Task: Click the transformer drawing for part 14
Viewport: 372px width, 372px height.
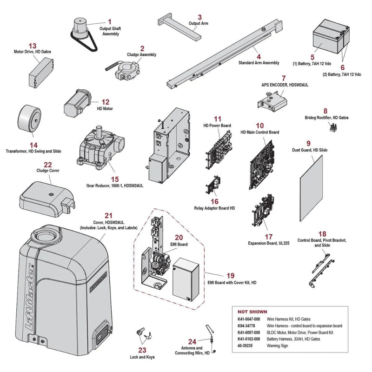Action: [29, 118]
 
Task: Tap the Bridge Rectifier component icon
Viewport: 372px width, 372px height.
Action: [334, 127]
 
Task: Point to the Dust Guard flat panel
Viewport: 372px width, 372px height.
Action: [311, 188]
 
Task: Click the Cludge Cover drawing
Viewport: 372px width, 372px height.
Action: [47, 199]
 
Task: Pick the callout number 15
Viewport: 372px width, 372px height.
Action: [115, 179]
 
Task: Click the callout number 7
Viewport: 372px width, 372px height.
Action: [284, 78]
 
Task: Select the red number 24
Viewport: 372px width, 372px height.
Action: [192, 342]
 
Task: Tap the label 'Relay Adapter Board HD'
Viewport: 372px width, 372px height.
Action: [214, 208]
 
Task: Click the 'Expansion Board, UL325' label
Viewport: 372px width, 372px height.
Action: [269, 243]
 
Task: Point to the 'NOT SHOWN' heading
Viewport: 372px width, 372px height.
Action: [252, 312]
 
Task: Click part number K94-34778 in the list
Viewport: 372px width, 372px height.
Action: [246, 326]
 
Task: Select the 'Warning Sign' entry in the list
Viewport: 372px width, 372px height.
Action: [277, 345]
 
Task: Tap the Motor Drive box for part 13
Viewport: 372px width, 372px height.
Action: [41, 73]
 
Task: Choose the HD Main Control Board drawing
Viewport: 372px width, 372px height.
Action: [262, 165]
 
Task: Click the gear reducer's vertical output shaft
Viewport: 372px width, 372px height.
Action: [99, 131]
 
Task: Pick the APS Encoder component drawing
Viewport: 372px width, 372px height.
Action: [272, 102]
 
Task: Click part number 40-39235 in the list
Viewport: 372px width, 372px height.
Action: [245, 345]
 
